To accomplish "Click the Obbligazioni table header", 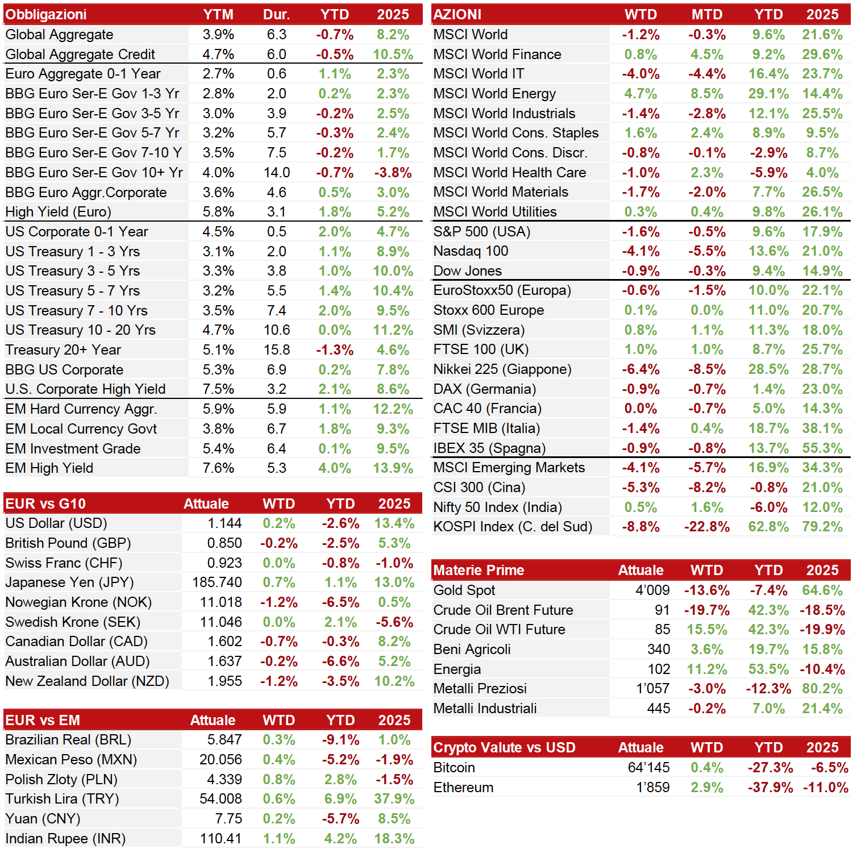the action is (46, 14).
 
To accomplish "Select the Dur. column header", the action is (277, 14).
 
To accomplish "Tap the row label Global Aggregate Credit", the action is (80, 54).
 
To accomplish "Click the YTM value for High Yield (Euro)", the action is (218, 212).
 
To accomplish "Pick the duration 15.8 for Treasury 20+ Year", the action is (277, 349).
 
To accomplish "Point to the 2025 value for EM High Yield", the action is (393, 468).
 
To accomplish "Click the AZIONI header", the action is (457, 14).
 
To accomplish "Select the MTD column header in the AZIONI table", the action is (707, 14).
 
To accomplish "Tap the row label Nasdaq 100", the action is (471, 251).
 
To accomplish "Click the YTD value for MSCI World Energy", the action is (768, 94).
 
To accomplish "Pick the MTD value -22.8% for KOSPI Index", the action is (707, 527).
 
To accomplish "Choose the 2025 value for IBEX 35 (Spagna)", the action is (822, 448).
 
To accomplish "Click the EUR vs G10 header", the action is (45, 503).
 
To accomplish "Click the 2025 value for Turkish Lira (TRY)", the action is (394, 799).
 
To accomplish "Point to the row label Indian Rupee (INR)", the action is (65, 839).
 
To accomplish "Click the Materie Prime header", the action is (479, 570).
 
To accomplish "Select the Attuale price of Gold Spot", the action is (652, 590).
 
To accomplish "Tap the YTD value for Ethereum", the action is (770, 788).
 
